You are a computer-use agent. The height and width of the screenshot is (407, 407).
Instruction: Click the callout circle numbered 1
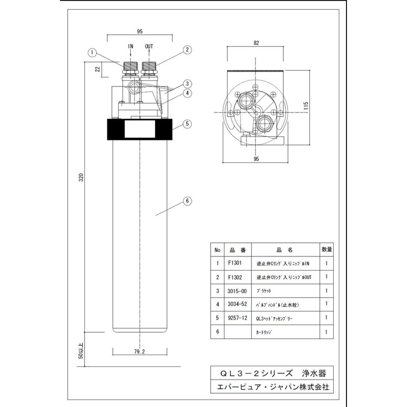pyautogui.click(x=92, y=51)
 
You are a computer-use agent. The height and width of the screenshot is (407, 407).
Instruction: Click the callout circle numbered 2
pyautogui.click(x=187, y=50)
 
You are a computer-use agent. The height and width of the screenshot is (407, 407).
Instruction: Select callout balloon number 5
pyautogui.click(x=187, y=123)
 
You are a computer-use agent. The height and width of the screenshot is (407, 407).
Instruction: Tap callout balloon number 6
pyautogui.click(x=187, y=201)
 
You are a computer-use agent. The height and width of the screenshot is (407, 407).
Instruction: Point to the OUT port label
pyautogui.click(x=149, y=46)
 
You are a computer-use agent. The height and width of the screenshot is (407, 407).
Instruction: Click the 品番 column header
pyautogui.click(x=238, y=250)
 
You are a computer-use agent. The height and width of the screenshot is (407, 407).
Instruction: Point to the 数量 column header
pyautogui.click(x=327, y=250)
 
